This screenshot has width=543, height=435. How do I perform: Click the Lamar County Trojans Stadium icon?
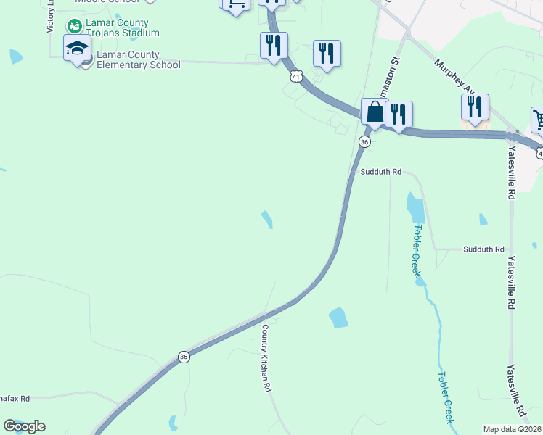73,27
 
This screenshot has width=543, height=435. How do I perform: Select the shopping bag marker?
375,113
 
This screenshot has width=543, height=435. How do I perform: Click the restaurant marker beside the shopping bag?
399,115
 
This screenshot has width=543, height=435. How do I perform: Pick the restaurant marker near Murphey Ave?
475,107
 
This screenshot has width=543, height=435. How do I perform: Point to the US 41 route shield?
295,75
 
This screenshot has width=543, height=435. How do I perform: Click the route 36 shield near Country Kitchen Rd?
184,357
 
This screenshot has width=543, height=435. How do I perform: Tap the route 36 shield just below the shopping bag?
365,142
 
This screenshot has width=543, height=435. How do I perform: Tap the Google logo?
24,426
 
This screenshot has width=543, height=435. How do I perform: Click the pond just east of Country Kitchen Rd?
338,317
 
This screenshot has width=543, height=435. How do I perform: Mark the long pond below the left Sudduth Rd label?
415,207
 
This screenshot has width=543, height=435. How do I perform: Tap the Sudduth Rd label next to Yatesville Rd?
483,249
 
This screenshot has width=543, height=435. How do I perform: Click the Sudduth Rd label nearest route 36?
381,172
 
